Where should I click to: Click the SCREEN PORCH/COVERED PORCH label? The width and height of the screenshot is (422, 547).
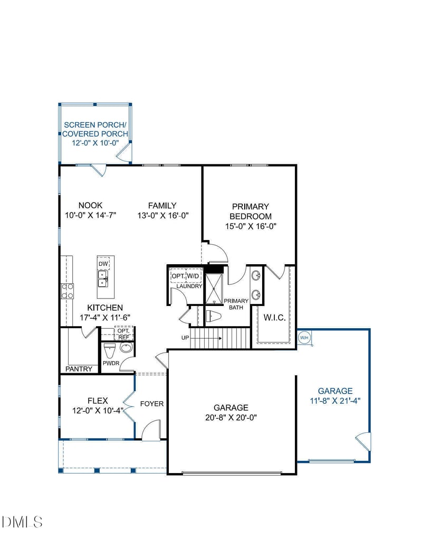point(95,129)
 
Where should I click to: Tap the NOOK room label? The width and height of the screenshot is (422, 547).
point(90,206)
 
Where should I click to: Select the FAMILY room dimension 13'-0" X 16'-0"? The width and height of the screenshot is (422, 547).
point(162,215)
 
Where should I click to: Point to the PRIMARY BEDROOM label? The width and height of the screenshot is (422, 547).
point(251,211)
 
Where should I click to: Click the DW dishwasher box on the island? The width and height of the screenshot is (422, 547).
point(103,264)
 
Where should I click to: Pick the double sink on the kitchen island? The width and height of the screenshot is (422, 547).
point(103,278)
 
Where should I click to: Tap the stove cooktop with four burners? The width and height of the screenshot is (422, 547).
point(68,291)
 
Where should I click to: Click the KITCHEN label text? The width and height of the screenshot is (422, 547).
point(105,308)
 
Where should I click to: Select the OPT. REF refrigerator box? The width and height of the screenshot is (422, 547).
point(123,333)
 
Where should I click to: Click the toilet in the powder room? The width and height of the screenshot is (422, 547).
point(109,350)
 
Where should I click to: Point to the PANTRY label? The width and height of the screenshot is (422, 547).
point(79,369)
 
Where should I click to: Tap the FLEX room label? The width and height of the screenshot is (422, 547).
point(98,401)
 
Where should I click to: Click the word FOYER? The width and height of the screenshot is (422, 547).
point(152,404)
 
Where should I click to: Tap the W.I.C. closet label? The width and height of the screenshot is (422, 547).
point(274,318)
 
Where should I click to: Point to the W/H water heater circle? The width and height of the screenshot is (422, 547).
point(304,337)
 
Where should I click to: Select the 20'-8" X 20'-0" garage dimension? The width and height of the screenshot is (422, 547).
point(231,417)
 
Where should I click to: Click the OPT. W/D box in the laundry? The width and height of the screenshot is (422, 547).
point(185,276)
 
